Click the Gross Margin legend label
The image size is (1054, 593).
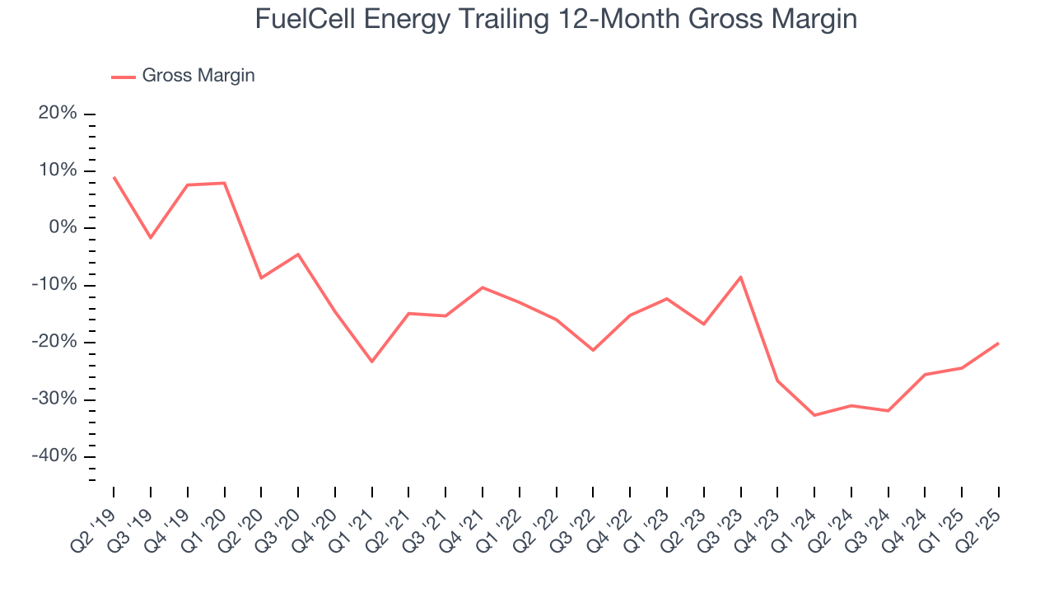198,76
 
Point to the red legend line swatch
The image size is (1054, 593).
124,77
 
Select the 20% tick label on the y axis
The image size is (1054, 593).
58,114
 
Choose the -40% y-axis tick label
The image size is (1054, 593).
54,457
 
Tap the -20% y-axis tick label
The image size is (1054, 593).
54,343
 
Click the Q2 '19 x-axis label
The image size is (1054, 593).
97,524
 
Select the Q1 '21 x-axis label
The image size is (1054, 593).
356,524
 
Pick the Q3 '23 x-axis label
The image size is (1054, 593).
725,524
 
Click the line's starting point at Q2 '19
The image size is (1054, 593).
114,177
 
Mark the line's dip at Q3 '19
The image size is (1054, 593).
151,238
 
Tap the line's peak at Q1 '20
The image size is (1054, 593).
225,183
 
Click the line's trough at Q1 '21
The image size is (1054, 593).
372,362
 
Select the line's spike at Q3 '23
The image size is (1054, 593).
740,277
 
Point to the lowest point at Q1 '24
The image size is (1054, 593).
814,415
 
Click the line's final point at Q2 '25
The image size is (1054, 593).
999,343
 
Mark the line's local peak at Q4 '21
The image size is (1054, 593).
483,287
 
